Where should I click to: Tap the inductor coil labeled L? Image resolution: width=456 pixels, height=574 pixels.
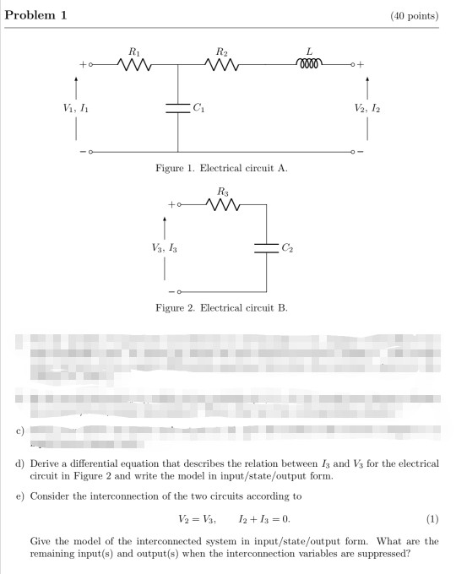pos(309,62)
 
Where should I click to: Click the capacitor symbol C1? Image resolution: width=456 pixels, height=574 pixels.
pos(177,108)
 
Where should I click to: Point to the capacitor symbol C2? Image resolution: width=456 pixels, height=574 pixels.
pos(266,247)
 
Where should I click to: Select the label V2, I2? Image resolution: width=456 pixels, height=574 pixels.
pos(368,108)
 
